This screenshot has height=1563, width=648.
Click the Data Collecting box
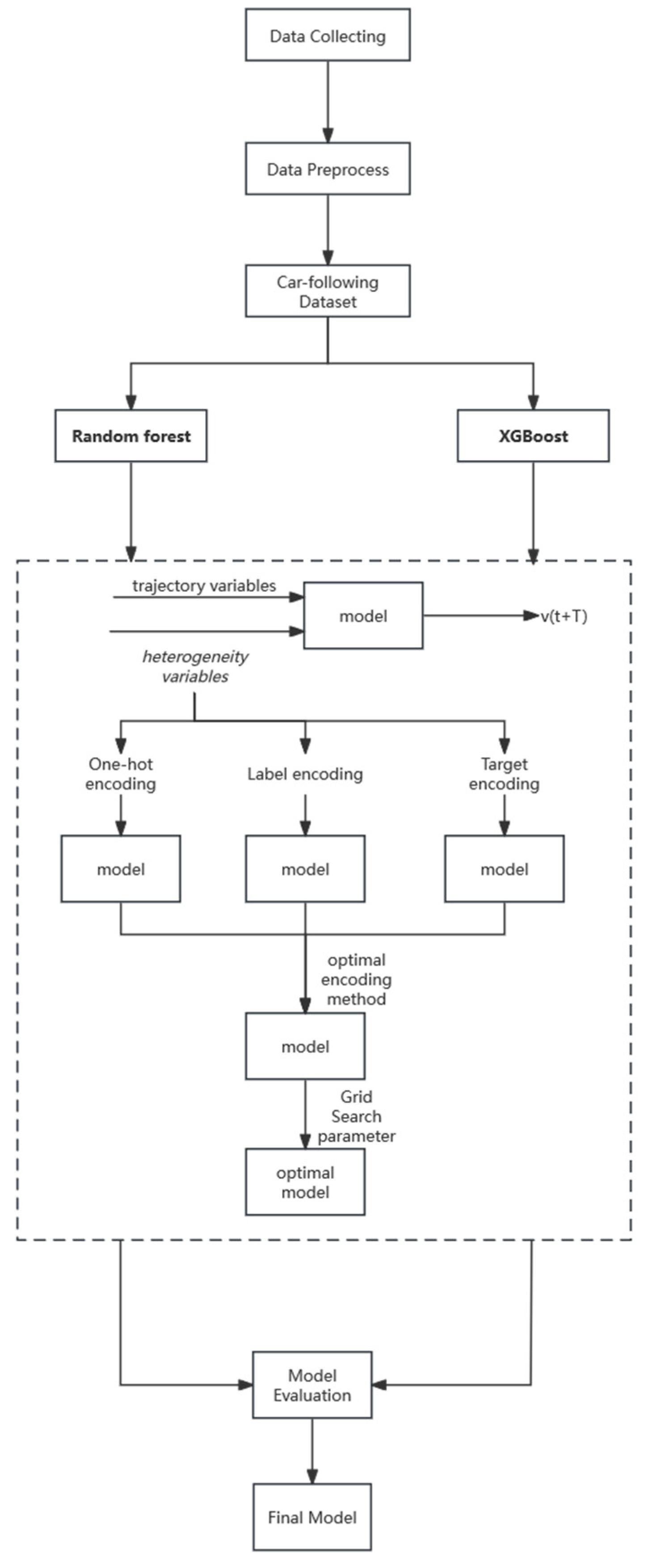pyautogui.click(x=327, y=35)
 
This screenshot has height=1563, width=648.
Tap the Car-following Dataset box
pyautogui.click(x=327, y=291)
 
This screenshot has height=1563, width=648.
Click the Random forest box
pyautogui.click(x=131, y=436)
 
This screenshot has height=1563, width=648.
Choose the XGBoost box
pyautogui.click(x=533, y=436)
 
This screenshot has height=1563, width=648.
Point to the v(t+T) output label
pyautogui.click(x=564, y=616)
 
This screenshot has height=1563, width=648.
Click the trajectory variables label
pyautogui.click(x=204, y=585)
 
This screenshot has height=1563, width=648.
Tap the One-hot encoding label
pyautogui.click(x=121, y=774)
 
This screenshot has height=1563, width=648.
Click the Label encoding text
pyautogui.click(x=305, y=774)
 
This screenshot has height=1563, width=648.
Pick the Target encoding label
pyautogui.click(x=504, y=774)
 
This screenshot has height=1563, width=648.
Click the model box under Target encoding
pyautogui.click(x=504, y=869)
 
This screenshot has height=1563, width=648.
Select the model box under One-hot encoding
pyautogui.click(x=121, y=869)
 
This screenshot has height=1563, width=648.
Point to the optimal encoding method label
pyautogui.click(x=357, y=979)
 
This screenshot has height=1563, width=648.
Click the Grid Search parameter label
pyautogui.click(x=357, y=1116)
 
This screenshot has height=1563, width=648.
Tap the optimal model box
pyautogui.click(x=305, y=1182)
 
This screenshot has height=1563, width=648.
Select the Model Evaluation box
pyautogui.click(x=312, y=1385)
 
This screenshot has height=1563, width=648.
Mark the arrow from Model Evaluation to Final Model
pyautogui.click(x=312, y=1450)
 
